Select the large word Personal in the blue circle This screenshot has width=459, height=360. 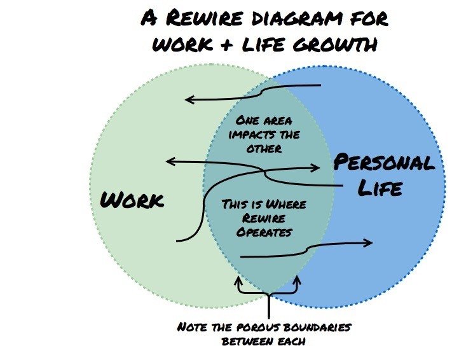point(384,163)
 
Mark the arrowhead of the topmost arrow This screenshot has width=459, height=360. point(189,99)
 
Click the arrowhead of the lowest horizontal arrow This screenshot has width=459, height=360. point(369,242)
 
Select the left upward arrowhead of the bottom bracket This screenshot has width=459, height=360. point(238,280)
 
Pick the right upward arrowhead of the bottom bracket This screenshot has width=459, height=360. point(296,280)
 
